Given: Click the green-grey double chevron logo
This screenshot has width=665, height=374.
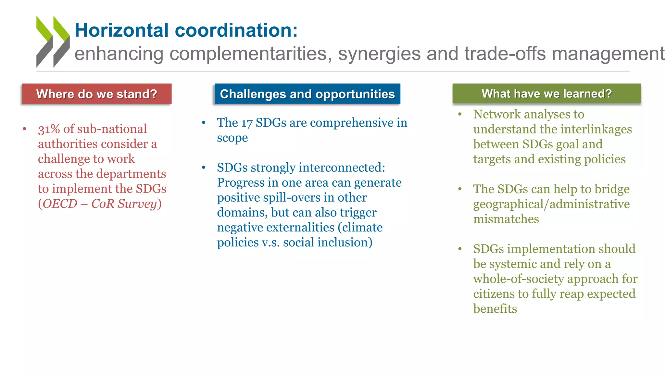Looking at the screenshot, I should pos(53,42).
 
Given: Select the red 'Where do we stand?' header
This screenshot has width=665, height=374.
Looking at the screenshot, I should pos(97,94).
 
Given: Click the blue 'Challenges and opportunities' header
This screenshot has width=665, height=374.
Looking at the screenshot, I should pos(307,94).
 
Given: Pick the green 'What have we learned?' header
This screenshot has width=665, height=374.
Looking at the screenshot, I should pos(546,94).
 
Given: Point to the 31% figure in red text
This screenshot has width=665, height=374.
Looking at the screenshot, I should pos(49,129).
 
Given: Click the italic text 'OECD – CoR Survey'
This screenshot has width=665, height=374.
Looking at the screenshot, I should pos(100,204).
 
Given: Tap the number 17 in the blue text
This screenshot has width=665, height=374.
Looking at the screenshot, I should pos(247,123).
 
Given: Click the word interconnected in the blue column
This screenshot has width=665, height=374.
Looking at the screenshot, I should pos(342,168).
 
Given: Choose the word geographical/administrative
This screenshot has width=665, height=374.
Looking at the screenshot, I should pos(551,204).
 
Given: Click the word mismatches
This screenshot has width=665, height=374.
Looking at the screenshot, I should pos(506,219).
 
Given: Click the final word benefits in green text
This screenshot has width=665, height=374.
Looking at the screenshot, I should pos(495,309).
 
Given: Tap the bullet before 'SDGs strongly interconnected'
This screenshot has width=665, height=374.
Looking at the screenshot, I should pos(204,168).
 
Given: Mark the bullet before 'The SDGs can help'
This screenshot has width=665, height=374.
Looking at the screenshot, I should pos(460,189).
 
